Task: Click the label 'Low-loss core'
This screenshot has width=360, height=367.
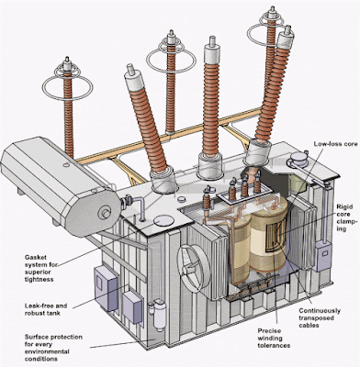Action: [335, 144]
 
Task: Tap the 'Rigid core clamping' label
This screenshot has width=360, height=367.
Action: [346, 217]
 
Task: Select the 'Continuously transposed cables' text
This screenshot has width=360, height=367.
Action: [320, 318]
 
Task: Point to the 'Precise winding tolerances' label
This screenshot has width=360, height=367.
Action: [274, 338]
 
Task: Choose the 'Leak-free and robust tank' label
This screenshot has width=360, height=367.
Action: [46, 309]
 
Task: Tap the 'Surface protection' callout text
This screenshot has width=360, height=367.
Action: [53, 337]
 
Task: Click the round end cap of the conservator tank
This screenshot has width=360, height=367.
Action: [104, 213]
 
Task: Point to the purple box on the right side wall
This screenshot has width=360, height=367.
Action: [323, 256]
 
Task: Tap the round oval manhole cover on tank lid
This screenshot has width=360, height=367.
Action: [163, 220]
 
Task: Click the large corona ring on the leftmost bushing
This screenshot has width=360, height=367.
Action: [67, 88]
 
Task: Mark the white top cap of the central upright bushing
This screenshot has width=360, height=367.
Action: [212, 52]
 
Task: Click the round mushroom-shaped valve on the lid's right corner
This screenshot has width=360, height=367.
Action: [298, 159]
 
